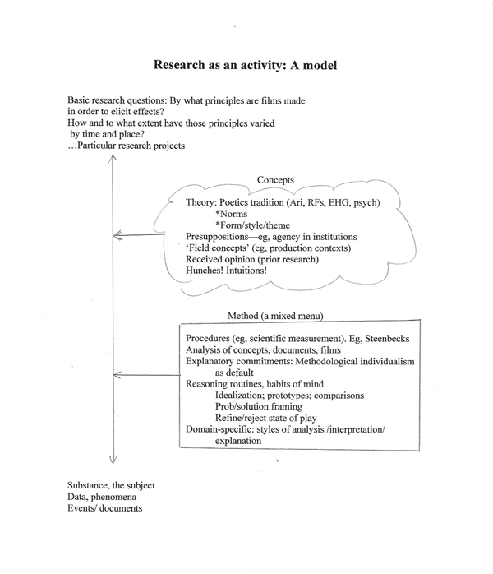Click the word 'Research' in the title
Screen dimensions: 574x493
point(181,63)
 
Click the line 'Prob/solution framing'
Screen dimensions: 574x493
point(256,406)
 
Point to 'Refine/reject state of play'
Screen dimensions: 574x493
point(269,418)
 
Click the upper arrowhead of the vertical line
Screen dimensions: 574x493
point(113,159)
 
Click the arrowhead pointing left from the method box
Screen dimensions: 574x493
point(115,375)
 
